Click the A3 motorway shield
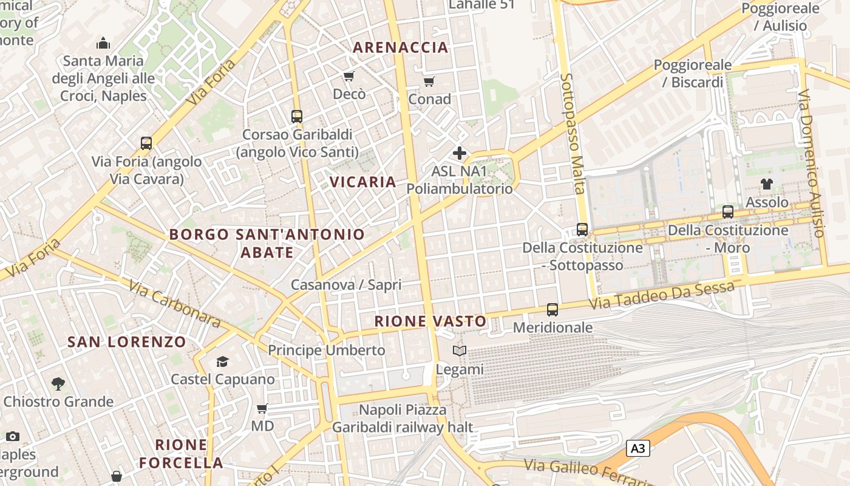(637, 449)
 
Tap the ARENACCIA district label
(401, 47)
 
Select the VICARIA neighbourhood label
(363, 182)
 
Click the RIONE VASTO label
(430, 321)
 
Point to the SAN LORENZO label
(127, 341)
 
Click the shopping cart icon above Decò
(349, 77)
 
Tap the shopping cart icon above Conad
(429, 81)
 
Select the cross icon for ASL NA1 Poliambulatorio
(460, 153)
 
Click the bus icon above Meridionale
(552, 310)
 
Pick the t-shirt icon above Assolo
(767, 184)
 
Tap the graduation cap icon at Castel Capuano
(222, 362)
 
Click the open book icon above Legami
(460, 351)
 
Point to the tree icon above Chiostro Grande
(58, 383)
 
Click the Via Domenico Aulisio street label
(812, 164)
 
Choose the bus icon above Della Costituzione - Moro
(728, 212)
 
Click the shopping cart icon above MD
(262, 408)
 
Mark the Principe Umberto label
(327, 351)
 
